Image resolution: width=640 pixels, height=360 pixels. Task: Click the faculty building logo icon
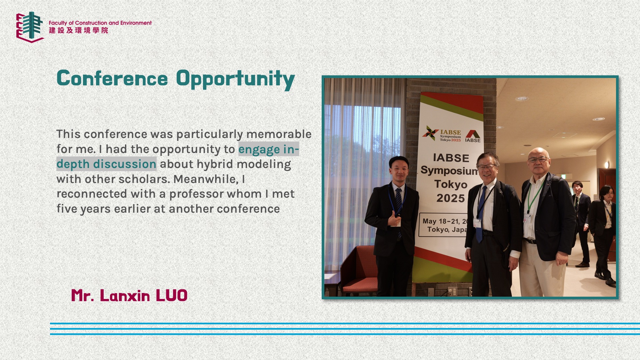(30, 27)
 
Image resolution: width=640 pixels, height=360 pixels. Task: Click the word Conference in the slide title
(112, 79)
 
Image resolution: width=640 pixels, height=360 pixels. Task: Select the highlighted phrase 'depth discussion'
(106, 164)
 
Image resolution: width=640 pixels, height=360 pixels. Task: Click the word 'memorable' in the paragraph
(279, 134)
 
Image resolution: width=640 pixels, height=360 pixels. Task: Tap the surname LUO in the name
(171, 296)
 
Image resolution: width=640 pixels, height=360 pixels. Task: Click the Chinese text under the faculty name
(79, 30)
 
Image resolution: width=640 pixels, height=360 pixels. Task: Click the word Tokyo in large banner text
(451, 184)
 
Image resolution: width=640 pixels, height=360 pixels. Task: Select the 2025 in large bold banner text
(451, 198)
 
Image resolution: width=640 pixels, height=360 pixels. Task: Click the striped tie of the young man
(399, 207)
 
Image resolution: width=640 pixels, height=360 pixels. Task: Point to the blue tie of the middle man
(481, 213)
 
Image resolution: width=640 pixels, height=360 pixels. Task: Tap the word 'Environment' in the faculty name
(136, 23)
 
